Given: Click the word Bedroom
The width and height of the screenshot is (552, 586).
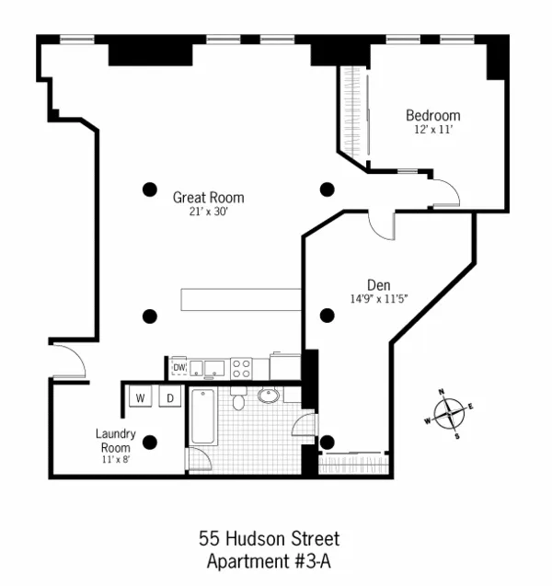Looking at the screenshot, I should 433,116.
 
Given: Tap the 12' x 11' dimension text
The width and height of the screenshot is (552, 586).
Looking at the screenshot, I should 433,131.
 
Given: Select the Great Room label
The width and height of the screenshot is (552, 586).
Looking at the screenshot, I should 209,197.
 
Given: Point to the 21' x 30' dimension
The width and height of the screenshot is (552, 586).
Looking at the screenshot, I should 209,212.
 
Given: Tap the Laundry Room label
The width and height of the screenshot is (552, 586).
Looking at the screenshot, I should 116,440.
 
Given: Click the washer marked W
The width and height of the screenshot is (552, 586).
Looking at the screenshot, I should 141,397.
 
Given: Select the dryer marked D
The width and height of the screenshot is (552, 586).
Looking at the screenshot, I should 170,397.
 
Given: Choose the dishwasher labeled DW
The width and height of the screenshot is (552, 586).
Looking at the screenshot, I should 180,368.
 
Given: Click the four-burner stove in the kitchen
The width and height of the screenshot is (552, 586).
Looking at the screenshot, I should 241,368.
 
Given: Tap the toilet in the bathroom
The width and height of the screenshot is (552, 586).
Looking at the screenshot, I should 238,398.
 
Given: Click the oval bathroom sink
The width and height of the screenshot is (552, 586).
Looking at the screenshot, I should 270,396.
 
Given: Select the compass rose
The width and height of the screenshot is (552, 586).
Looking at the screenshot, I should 448,412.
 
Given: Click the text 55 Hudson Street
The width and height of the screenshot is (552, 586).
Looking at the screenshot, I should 269,539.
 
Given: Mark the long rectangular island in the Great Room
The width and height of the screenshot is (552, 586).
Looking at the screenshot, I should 241,300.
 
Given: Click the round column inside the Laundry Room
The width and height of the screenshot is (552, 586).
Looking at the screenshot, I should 150,441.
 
